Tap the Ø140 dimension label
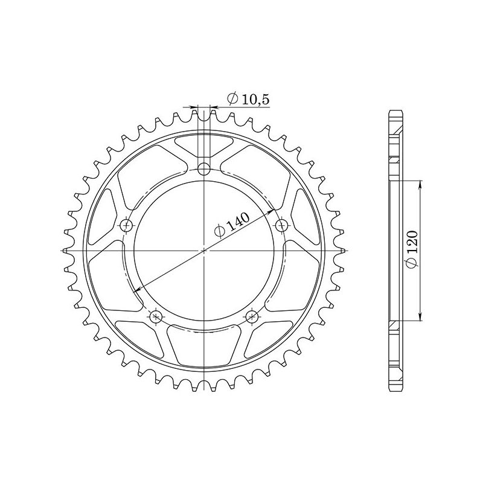[230, 226]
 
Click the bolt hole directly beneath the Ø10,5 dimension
[204, 167]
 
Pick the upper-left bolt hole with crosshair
[126, 225]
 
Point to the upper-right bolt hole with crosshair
[281, 225]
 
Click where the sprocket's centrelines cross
[204, 249]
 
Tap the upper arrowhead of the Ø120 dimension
[420, 183]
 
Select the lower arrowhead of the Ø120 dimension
[420, 318]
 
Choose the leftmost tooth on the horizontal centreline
[67, 249]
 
